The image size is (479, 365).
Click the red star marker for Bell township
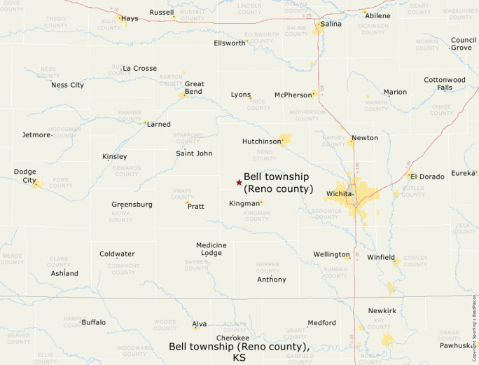click(x=239, y=182)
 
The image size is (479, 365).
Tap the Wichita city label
click(x=338, y=193)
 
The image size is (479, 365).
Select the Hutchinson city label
click(x=261, y=141)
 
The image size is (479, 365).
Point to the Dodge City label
click(x=25, y=176)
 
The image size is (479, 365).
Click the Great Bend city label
click(x=194, y=88)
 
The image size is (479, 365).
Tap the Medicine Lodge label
click(x=211, y=249)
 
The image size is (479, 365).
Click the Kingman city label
click(x=244, y=204)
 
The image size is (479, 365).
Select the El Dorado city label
click(x=427, y=177)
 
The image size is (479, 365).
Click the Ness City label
click(x=67, y=85)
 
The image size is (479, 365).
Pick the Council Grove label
click(x=464, y=43)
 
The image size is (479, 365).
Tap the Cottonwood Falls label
click(x=445, y=83)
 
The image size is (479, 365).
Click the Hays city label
click(x=130, y=18)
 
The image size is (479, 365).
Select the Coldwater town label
click(x=117, y=254)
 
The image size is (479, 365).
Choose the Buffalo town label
click(x=93, y=322)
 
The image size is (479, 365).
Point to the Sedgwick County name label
click(x=326, y=213)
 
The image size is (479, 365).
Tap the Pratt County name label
click(x=181, y=193)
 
